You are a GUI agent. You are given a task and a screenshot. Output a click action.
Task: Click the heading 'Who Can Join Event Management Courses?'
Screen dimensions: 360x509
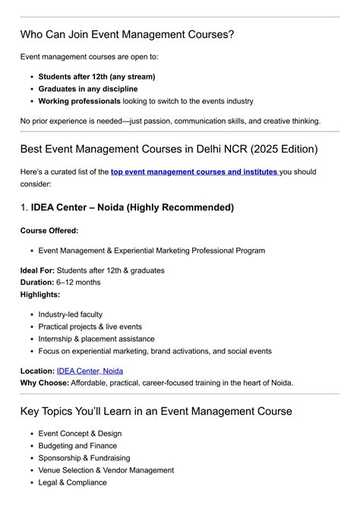(x=127, y=35)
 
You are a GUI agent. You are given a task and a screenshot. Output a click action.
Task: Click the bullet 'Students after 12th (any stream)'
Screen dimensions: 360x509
(x=96, y=77)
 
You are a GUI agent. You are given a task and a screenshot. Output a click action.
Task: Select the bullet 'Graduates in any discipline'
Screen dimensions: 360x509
(x=88, y=89)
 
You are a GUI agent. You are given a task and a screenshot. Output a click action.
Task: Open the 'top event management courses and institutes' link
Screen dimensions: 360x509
(x=194, y=172)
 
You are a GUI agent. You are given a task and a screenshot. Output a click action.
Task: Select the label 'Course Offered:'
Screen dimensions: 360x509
(x=49, y=230)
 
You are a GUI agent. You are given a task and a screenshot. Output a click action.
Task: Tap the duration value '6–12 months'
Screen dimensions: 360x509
(x=77, y=283)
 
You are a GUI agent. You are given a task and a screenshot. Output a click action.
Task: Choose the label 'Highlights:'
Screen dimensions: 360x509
(x=40, y=294)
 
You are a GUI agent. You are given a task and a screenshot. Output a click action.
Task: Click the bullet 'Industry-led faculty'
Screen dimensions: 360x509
(x=71, y=315)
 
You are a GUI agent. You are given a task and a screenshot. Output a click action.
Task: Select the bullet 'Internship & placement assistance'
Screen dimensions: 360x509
(x=96, y=339)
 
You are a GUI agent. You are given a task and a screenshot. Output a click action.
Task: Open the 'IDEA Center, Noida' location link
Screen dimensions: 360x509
(x=90, y=371)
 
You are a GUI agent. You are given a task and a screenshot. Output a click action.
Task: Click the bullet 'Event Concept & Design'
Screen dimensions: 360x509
(x=80, y=434)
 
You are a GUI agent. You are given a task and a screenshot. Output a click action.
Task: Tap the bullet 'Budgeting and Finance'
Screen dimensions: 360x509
(x=77, y=446)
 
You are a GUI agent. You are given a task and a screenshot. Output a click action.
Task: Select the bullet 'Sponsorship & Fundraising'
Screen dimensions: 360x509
(x=84, y=458)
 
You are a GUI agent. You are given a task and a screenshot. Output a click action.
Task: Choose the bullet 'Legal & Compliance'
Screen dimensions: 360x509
(x=73, y=482)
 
